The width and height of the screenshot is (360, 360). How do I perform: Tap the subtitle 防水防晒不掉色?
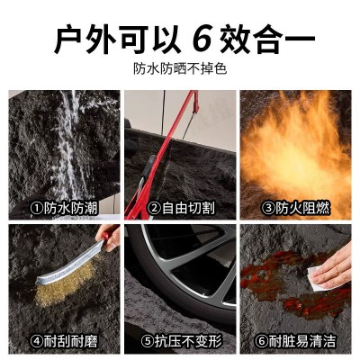(x=179, y=68)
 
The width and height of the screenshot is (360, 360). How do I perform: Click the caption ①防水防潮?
(x=62, y=208)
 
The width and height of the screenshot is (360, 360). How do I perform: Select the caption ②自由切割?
(x=179, y=208)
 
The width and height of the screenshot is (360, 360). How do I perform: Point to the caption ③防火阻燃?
(x=295, y=208)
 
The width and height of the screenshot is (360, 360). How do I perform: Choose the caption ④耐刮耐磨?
(x=62, y=341)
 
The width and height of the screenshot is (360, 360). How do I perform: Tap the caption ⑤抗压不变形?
(x=179, y=341)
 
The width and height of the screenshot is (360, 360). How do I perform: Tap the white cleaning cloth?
(x=314, y=274)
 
